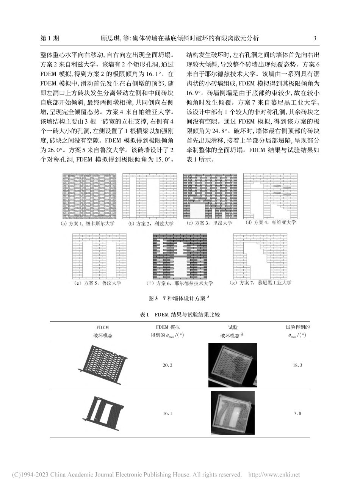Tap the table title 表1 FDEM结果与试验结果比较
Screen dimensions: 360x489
click(180, 315)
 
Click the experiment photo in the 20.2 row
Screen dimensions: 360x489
click(233, 365)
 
